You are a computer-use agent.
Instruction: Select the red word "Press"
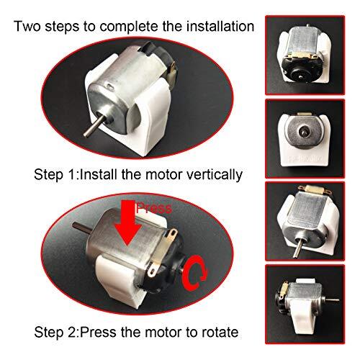pyautogui.click(x=155, y=209)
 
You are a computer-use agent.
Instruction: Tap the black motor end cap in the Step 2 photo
pyautogui.click(x=176, y=270)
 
